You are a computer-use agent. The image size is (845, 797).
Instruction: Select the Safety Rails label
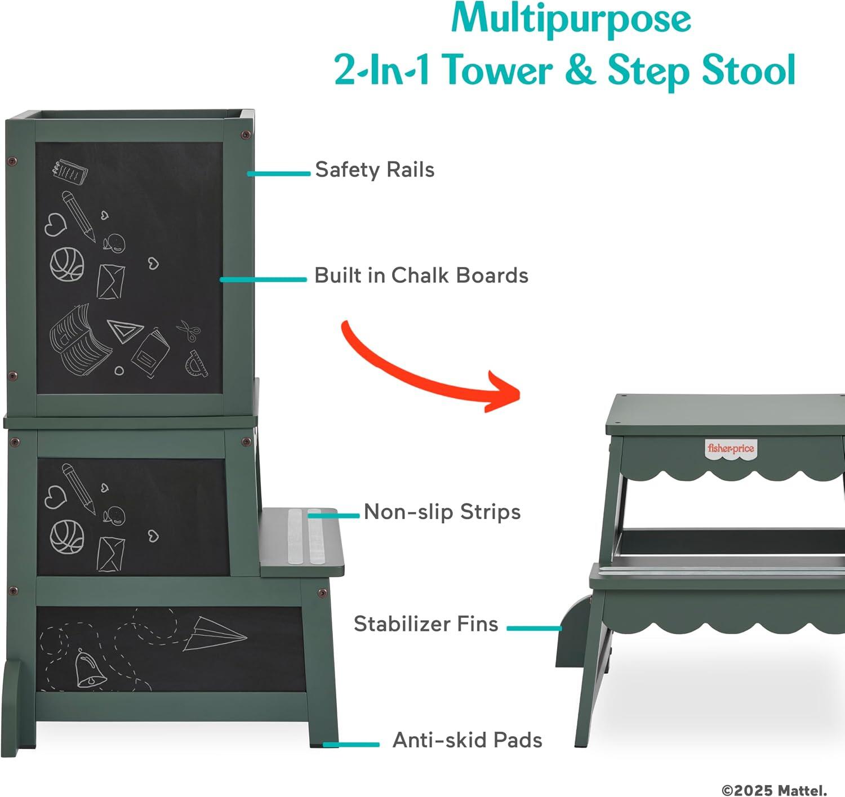[x=375, y=170]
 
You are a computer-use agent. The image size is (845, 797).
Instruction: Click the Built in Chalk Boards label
[x=421, y=275]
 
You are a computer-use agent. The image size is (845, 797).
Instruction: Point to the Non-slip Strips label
[x=442, y=512]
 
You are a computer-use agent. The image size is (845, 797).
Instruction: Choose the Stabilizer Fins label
[x=426, y=624]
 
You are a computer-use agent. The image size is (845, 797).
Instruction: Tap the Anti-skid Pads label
[x=467, y=740]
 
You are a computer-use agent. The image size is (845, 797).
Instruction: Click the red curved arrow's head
[x=504, y=391]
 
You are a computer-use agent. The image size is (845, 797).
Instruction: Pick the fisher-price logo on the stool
[x=731, y=448]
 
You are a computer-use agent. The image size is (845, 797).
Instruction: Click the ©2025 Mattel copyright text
[x=775, y=790]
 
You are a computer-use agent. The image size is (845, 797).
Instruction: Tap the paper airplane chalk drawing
[x=215, y=634]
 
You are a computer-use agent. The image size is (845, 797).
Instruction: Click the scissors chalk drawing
[x=189, y=330]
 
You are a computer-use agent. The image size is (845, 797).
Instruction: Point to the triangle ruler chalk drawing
[x=125, y=331]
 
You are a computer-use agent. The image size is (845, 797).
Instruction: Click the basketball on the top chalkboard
[x=67, y=265]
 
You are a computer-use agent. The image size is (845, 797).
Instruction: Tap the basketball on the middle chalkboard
[x=67, y=537]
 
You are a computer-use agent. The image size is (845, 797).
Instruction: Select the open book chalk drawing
[x=79, y=340]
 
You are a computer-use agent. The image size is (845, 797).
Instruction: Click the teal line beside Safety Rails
[x=279, y=173]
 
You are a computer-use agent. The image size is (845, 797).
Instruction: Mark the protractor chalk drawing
[x=197, y=364]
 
